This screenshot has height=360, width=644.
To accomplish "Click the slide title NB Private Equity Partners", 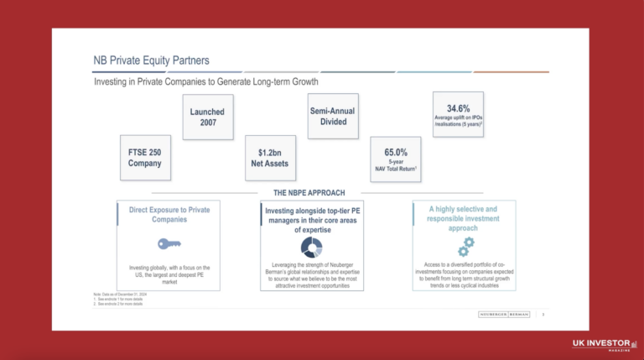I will coord(151,60).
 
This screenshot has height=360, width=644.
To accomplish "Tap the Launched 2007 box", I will coord(207,117).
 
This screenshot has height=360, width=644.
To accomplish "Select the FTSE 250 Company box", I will coord(144,158).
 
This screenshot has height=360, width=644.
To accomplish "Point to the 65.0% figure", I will coord(396,153).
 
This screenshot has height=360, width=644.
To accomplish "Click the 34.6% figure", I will coord(458,109).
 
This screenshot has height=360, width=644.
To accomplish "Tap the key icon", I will coord(169,244).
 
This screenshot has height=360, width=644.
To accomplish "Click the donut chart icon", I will coord(311,248).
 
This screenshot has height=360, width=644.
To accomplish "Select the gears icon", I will coord(464,246).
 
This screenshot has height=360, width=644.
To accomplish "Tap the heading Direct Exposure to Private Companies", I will coord(169,213).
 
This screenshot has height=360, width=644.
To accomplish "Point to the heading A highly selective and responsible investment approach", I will coord(464,217).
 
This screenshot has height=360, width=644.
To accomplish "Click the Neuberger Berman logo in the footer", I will coord(501,314).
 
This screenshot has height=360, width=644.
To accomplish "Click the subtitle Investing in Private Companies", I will coord(206,84).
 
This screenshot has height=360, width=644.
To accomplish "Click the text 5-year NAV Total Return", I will coord(396,165).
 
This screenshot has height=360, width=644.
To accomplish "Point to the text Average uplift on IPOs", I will coord(458,121).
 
